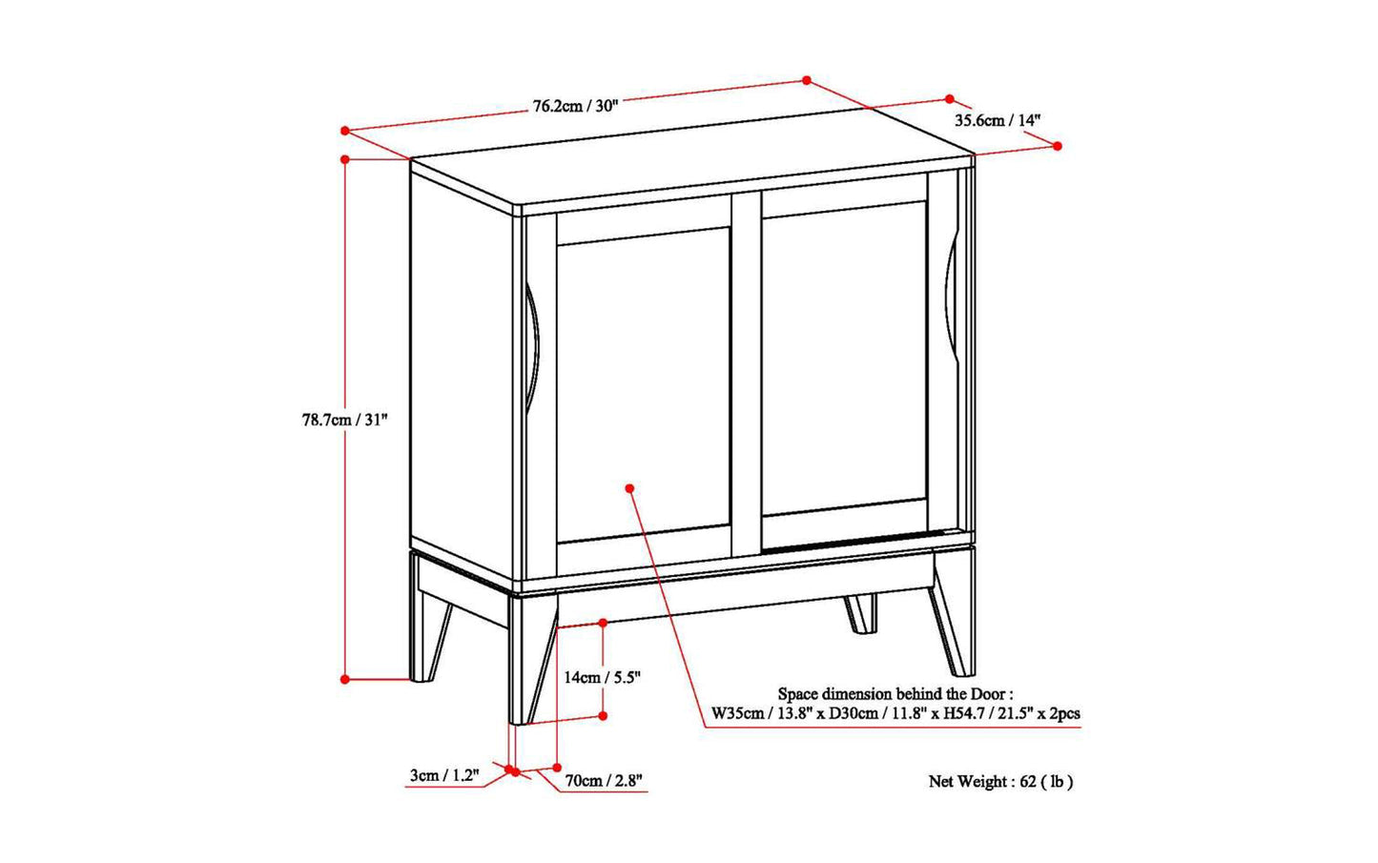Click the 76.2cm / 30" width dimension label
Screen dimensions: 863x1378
click(x=575, y=106)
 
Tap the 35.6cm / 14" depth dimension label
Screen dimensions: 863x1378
click(x=997, y=120)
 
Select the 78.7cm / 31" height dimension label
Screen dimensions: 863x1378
click(x=345, y=420)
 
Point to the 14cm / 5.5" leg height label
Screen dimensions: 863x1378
click(x=602, y=677)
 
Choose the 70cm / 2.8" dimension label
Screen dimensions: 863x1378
click(x=604, y=781)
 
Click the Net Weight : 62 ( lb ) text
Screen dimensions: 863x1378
click(x=1000, y=782)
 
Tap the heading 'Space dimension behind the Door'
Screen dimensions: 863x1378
click(x=895, y=694)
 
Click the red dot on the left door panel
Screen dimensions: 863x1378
click(x=629, y=488)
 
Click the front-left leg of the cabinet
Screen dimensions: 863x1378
click(x=530, y=658)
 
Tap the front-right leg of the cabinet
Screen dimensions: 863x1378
click(x=954, y=610)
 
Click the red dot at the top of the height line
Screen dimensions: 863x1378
click(x=345, y=159)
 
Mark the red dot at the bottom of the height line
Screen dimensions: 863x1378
click(x=345, y=679)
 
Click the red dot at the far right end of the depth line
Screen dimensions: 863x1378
click(x=1057, y=145)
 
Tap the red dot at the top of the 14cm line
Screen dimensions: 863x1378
click(x=603, y=623)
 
